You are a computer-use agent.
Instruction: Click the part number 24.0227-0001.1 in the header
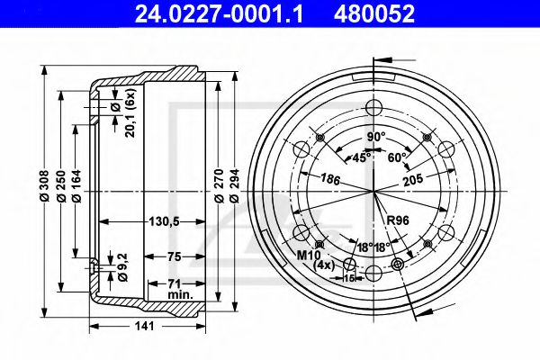click(x=219, y=13)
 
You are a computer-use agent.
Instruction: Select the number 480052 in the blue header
click(x=374, y=13)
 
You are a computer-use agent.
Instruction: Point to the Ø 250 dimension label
click(x=61, y=185)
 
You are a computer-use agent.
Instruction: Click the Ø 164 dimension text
click(x=76, y=185)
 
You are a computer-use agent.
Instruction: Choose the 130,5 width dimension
click(x=164, y=221)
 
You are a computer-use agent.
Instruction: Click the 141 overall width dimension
click(x=144, y=326)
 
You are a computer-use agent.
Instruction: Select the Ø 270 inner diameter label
click(x=219, y=185)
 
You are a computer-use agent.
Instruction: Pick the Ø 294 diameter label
click(x=234, y=185)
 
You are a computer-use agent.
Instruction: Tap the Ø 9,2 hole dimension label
click(x=122, y=267)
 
